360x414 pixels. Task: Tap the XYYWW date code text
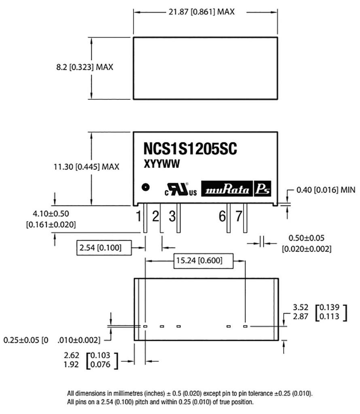pyautogui.click(x=162, y=164)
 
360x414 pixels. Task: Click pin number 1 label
pyautogui.click(x=139, y=217)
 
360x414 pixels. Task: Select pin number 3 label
pyautogui.click(x=172, y=217)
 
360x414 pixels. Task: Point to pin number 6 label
pyautogui.click(x=222, y=217)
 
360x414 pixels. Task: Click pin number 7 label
pyautogui.click(x=239, y=217)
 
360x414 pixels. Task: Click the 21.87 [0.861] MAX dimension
pyautogui.click(x=201, y=12)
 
